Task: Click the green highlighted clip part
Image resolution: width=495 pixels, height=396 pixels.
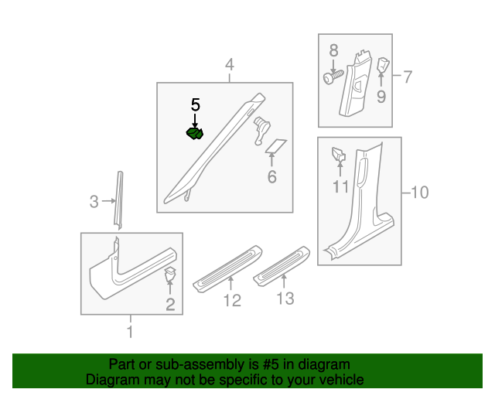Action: (194, 133)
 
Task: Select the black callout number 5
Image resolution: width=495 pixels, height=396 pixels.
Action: (196, 105)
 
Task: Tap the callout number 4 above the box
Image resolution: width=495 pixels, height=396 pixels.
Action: (230, 64)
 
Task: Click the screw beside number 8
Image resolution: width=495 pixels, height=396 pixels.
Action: (333, 77)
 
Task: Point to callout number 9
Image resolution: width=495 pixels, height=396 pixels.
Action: (381, 97)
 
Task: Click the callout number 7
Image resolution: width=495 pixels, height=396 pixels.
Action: (408, 77)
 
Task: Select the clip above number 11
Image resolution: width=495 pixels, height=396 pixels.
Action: (339, 154)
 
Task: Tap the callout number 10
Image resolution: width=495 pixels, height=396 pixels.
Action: (420, 193)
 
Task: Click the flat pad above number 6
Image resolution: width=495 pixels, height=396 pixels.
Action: (276, 145)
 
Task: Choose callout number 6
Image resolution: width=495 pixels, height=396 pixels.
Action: (271, 177)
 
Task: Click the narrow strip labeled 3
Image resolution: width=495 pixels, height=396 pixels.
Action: (119, 200)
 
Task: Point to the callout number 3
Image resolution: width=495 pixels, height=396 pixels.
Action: (94, 201)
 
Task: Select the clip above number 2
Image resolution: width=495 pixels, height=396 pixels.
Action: (170, 274)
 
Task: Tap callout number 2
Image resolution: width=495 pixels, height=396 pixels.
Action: (170, 305)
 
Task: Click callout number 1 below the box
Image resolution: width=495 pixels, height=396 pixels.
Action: (130, 332)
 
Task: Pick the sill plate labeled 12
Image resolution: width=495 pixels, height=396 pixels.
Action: (227, 268)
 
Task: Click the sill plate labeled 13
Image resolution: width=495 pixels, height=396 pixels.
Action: (282, 266)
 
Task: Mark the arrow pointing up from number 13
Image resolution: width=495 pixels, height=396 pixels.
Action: (284, 281)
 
